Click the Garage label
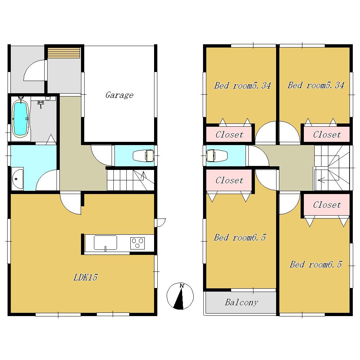pyautogui.click(x=119, y=95)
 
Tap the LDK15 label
pyautogui.click(x=86, y=278)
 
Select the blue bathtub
pyautogui.click(x=21, y=118)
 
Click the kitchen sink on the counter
pyautogui.click(x=105, y=243)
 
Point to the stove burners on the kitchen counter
pyautogui.click(x=137, y=243)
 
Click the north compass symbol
pyautogui.click(x=180, y=296)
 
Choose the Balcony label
pyautogui.click(x=241, y=302)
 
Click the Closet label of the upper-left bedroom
pyautogui.click(x=229, y=135)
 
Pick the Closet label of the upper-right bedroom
pyautogui.click(x=327, y=135)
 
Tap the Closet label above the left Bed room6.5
pyautogui.click(x=229, y=180)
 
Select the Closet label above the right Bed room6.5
pyautogui.click(x=327, y=205)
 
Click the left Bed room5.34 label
pyautogui.click(x=242, y=86)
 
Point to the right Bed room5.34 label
pyautogui.click(x=315, y=85)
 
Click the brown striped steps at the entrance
pyautogui.click(x=64, y=53)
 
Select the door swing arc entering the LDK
pyautogui.click(x=71, y=203)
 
